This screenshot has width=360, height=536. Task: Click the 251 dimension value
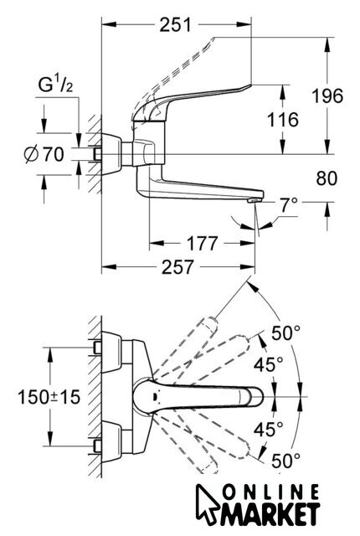[176, 24]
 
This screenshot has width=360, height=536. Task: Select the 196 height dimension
[327, 95]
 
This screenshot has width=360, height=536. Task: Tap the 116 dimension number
[282, 120]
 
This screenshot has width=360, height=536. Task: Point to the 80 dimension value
[327, 178]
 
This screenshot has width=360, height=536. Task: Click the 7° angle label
[289, 205]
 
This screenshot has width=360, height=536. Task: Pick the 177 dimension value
[202, 244]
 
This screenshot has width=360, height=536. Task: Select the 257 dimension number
[178, 267]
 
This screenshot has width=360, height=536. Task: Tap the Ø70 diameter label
[44, 154]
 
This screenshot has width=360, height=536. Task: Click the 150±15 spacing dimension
[49, 397]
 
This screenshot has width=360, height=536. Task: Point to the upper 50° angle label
[285, 333]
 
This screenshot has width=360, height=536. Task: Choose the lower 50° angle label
[285, 461]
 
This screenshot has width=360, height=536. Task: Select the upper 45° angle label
[268, 364]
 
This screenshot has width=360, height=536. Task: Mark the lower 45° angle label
[268, 430]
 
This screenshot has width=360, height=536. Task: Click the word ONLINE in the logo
[271, 493]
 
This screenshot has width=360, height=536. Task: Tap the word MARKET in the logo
[269, 514]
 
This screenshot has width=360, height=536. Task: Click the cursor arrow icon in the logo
[207, 503]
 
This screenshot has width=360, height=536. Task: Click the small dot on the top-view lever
[155, 397]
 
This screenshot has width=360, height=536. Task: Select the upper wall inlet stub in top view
[97, 348]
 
